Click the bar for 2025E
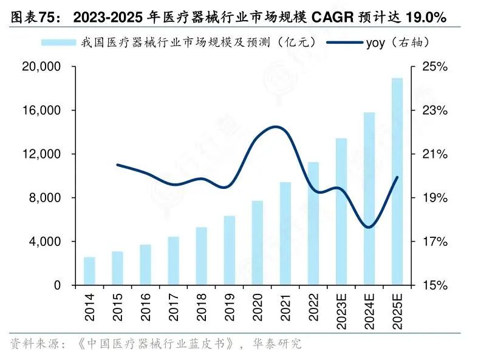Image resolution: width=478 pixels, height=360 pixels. [x=397, y=182]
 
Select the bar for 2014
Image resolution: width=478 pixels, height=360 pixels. [x=89, y=271]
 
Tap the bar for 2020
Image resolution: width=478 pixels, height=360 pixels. [x=258, y=243]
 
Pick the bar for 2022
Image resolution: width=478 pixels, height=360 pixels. [x=313, y=223]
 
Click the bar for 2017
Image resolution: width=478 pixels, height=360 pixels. [x=174, y=260]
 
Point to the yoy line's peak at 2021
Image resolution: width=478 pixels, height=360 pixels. [x=277, y=127]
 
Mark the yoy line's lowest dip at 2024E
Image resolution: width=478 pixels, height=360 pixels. [x=369, y=228]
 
